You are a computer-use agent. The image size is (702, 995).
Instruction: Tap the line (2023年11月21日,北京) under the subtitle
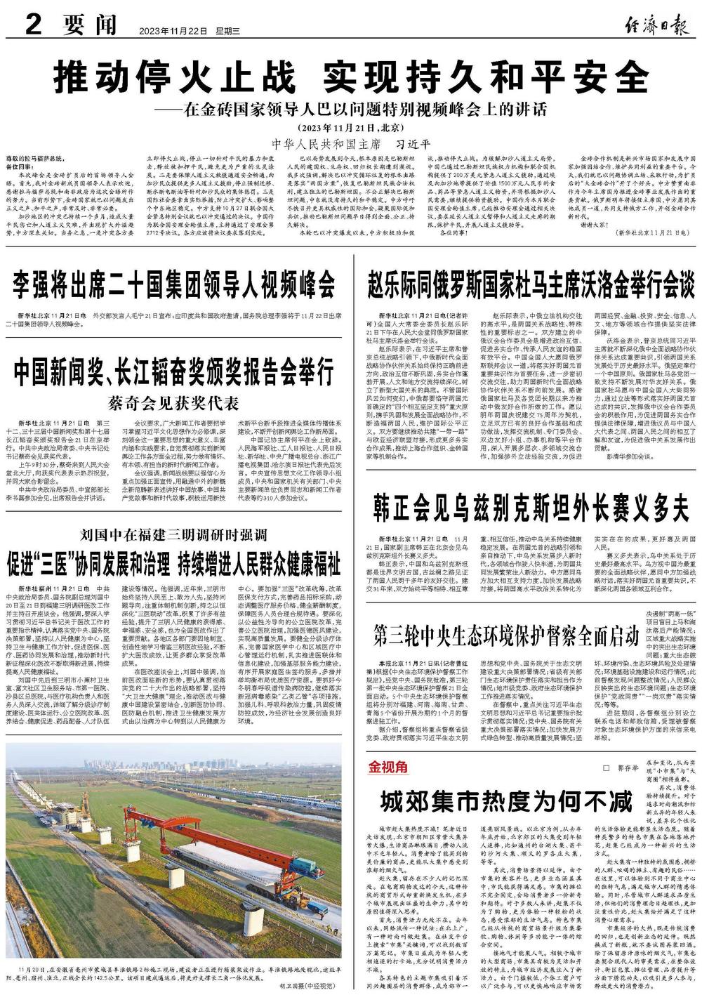coord(351,128)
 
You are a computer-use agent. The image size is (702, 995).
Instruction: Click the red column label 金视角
coord(385,767)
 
